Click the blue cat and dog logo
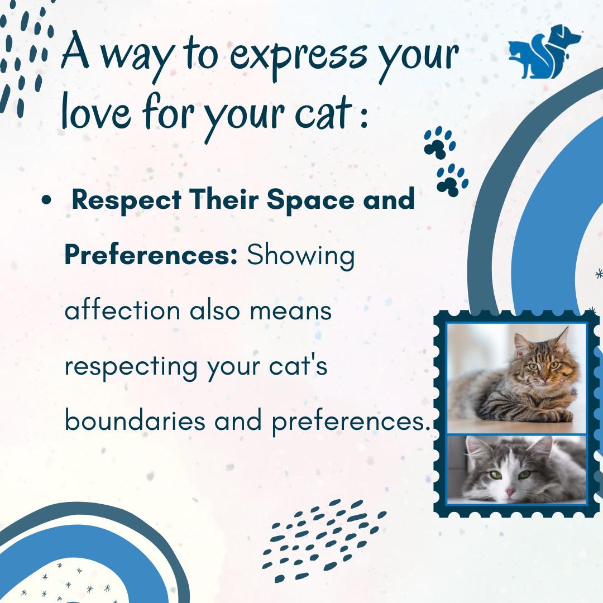click(x=545, y=51)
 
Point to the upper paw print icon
click(x=440, y=142)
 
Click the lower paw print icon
click(x=452, y=180)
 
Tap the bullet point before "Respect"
click(x=46, y=200)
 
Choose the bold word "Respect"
click(x=127, y=200)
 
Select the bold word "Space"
click(x=310, y=200)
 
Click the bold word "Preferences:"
click(x=151, y=255)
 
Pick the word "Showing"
click(x=301, y=256)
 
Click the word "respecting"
click(x=131, y=366)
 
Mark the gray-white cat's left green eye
click(x=496, y=475)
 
